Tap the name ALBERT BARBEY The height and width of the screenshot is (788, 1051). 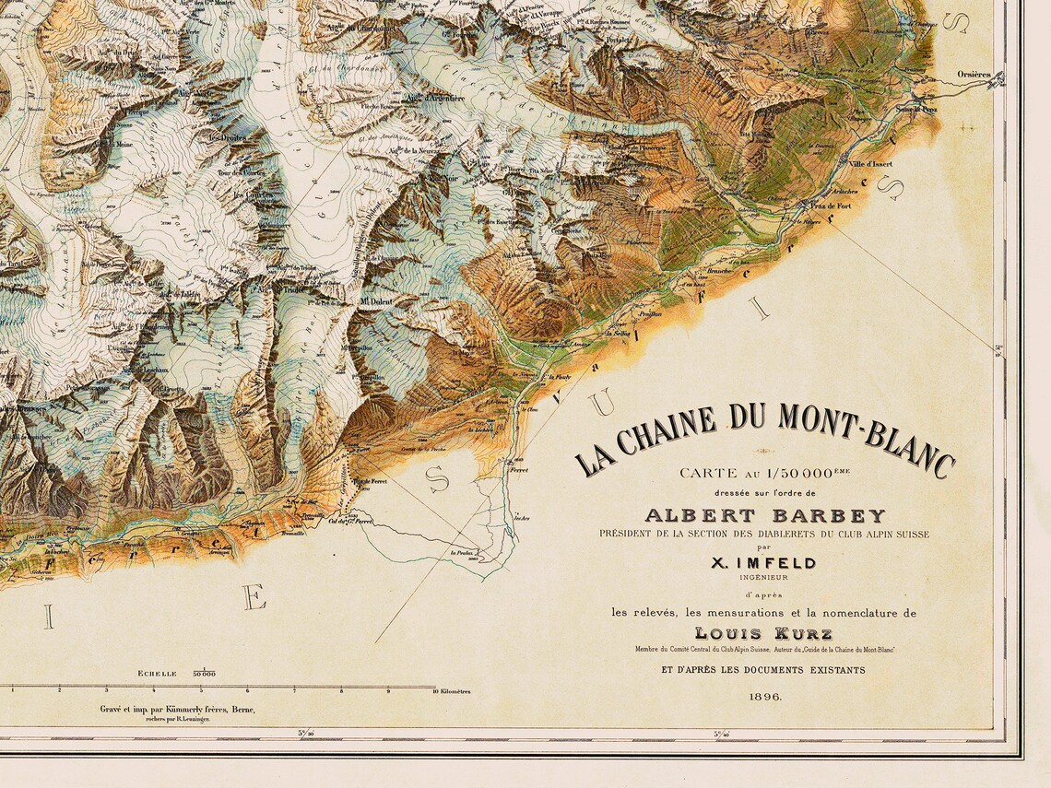point(764,515)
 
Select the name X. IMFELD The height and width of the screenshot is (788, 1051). point(764,563)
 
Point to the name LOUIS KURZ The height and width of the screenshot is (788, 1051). point(764,633)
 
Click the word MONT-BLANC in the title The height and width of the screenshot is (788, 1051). point(867,439)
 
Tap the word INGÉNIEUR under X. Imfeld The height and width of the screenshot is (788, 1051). point(764,579)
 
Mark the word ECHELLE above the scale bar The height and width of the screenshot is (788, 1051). point(157,674)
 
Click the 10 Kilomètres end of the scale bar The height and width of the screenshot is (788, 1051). point(453,690)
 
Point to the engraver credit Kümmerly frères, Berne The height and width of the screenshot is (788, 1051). point(178,709)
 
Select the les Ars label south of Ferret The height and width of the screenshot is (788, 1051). point(523,517)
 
